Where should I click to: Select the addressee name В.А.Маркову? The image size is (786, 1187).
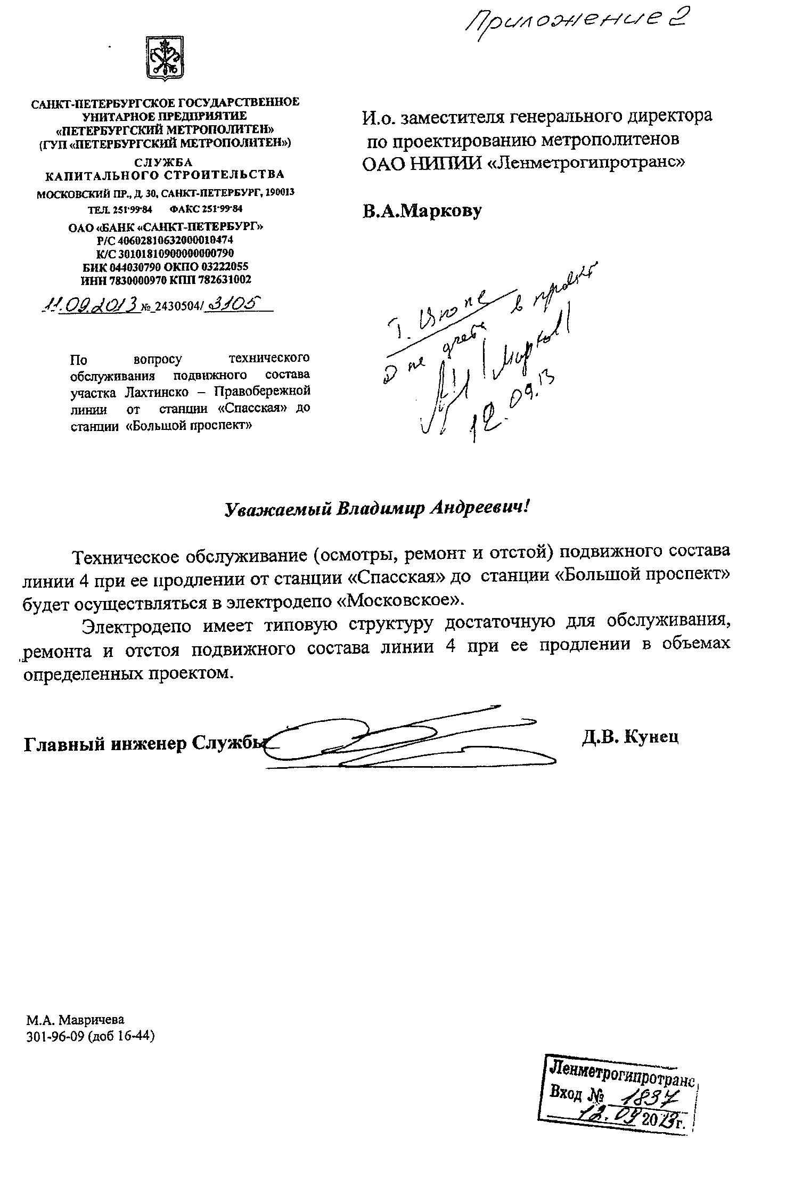pos(422,211)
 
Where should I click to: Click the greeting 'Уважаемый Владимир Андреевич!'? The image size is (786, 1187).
pos(376,508)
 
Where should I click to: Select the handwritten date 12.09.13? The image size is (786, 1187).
pos(511,406)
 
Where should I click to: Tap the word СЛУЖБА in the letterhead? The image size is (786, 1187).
pos(164,162)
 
